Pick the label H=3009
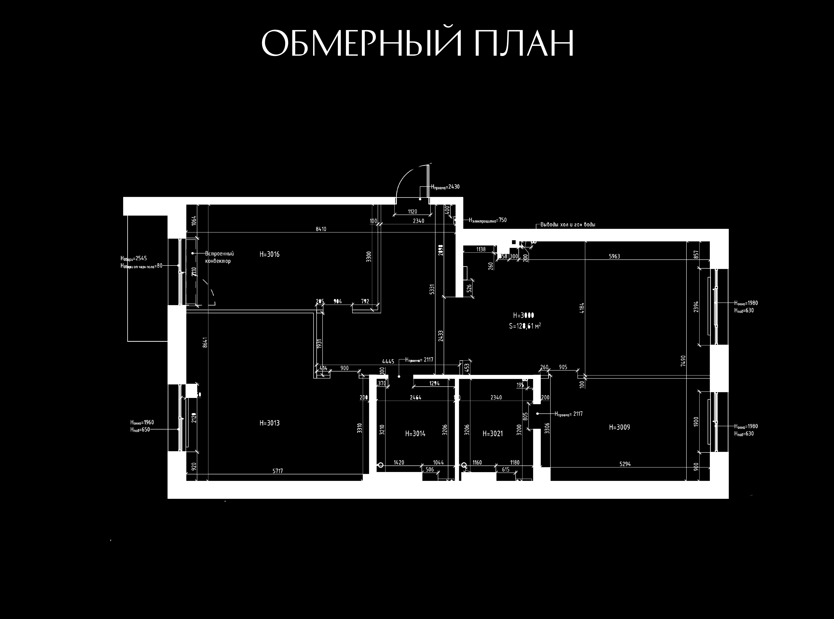(x=619, y=427)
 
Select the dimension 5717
(x=278, y=471)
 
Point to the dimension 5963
(x=614, y=257)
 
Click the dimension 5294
(x=625, y=464)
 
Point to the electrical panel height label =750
(x=487, y=220)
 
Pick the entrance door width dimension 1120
(x=412, y=212)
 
